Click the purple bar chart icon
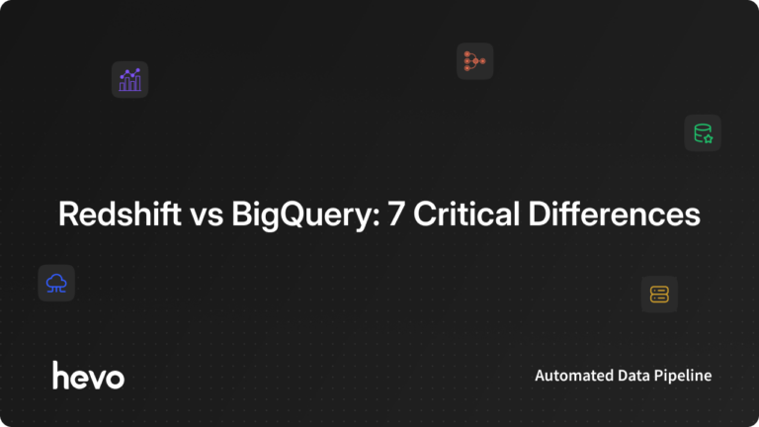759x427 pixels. click(x=129, y=79)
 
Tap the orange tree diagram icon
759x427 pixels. click(x=474, y=61)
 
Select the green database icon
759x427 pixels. click(x=703, y=132)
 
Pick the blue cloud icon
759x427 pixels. click(x=56, y=283)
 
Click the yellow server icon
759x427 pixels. click(x=659, y=294)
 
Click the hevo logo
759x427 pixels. click(x=88, y=376)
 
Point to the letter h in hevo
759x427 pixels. click(x=60, y=375)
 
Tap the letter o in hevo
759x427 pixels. click(x=115, y=378)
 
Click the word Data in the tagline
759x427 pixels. click(x=630, y=376)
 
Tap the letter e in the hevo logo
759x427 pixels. click(x=79, y=378)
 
